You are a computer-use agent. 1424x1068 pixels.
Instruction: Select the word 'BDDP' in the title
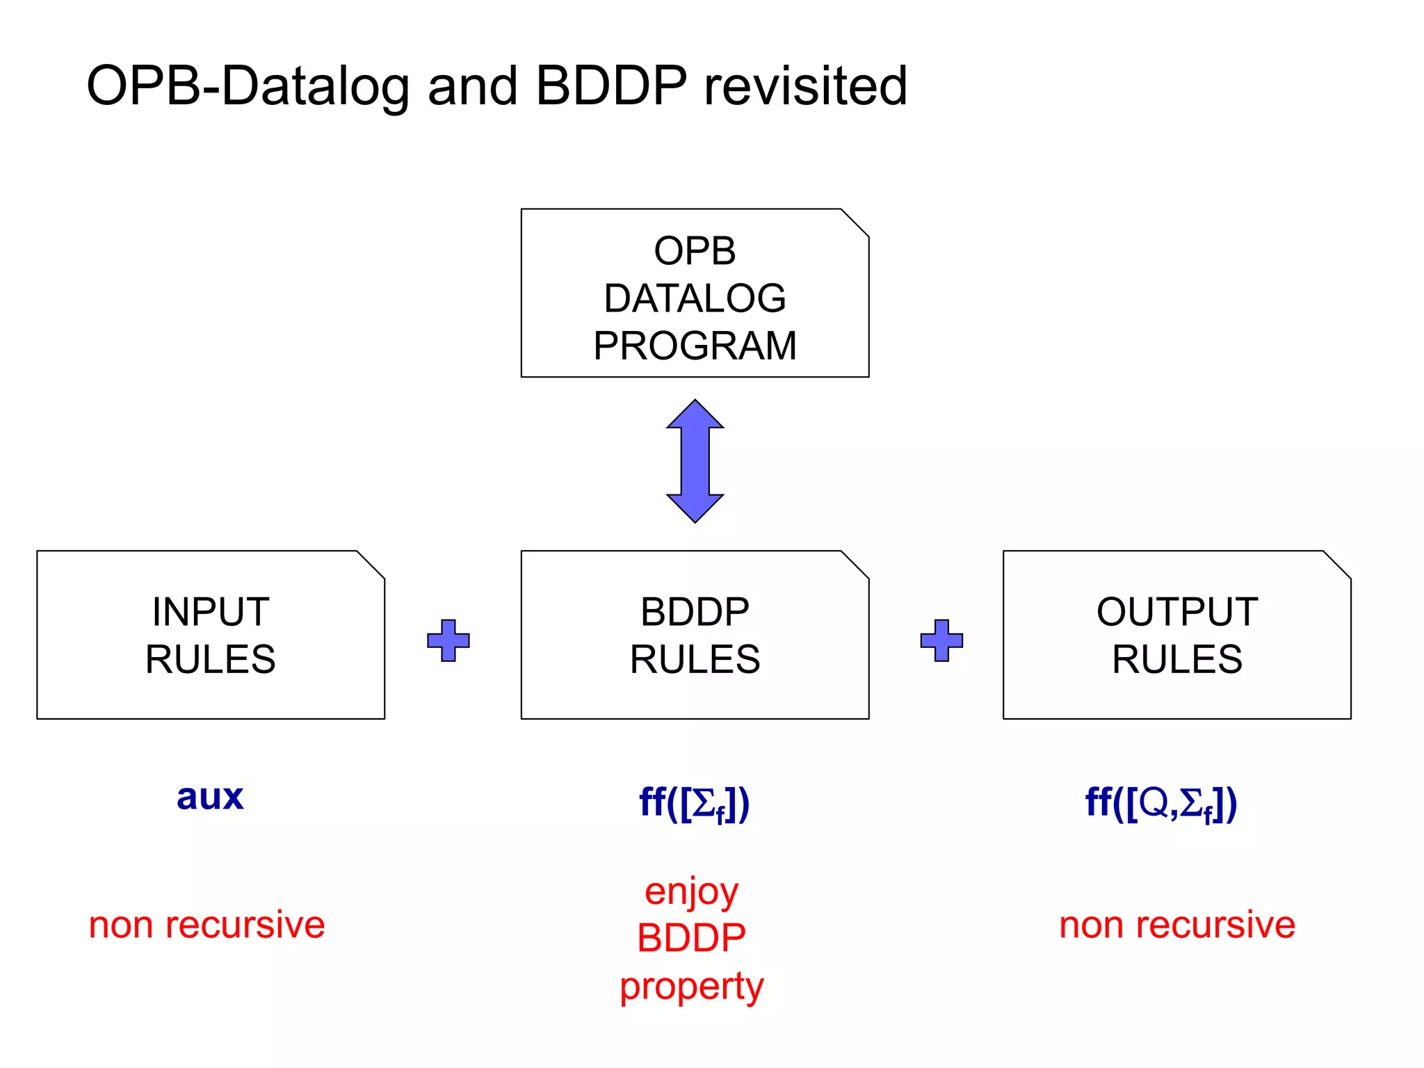click(611, 86)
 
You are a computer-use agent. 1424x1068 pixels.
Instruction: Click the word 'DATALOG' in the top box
click(695, 298)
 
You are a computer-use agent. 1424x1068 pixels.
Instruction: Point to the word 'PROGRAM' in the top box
click(695, 346)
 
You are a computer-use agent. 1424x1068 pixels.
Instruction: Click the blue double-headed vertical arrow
click(695, 460)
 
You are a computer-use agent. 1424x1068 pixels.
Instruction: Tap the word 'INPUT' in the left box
click(211, 612)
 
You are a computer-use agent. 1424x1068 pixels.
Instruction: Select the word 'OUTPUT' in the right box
click(1176, 612)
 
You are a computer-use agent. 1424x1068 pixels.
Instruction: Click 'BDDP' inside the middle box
click(695, 612)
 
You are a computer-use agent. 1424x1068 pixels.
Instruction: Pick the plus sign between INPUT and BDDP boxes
click(448, 640)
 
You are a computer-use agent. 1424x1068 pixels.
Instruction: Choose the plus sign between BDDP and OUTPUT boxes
click(941, 640)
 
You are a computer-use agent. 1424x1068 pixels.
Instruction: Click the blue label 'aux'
click(210, 797)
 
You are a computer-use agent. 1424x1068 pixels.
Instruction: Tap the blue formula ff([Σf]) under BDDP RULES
click(694, 803)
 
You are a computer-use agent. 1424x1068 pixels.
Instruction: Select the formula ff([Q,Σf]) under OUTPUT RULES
click(1161, 803)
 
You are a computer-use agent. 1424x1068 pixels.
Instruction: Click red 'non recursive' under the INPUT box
click(207, 925)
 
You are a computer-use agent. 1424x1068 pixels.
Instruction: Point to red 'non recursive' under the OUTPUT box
click(1176, 925)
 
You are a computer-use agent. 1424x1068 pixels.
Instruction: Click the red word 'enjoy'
click(691, 893)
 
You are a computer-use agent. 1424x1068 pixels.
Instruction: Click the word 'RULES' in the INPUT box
click(211, 659)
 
